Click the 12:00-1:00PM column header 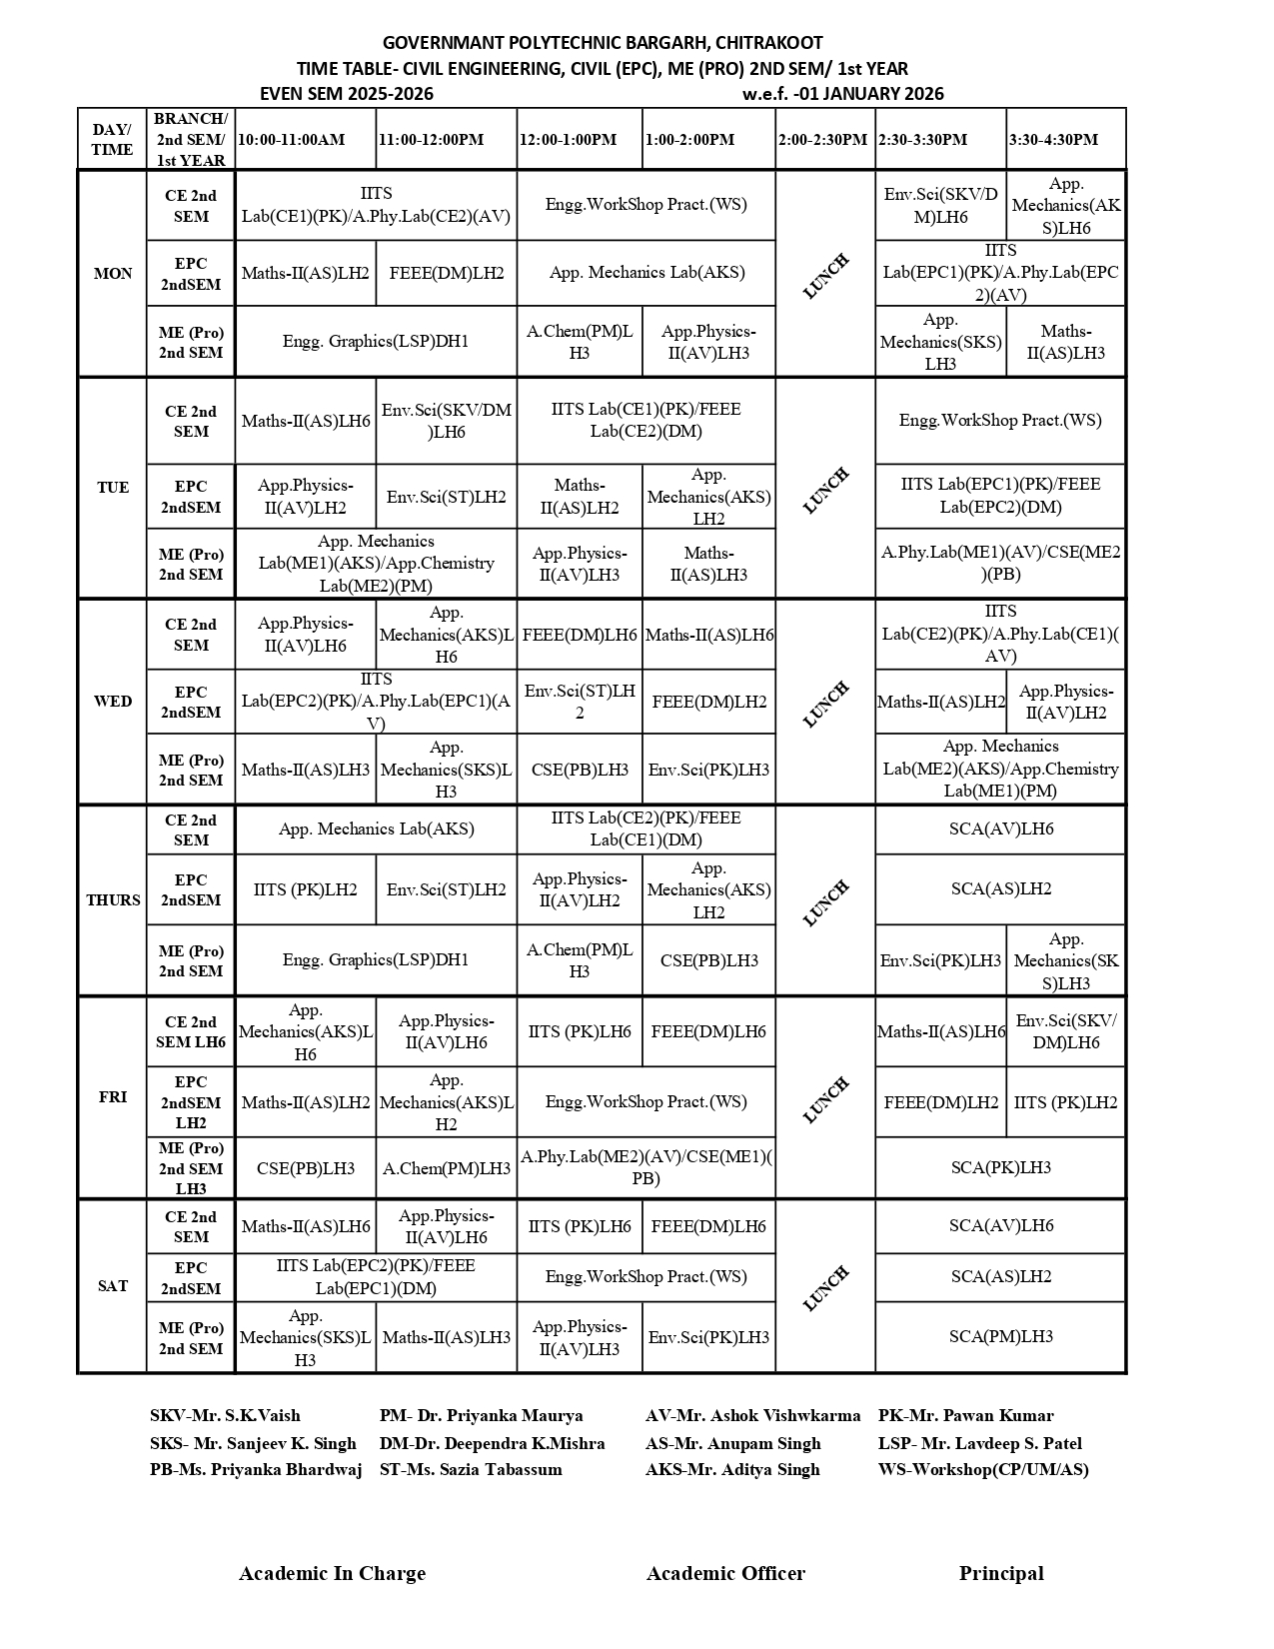[x=568, y=140]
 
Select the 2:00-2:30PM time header [x=823, y=140]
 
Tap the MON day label [x=113, y=274]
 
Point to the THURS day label [x=113, y=900]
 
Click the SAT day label [x=113, y=1286]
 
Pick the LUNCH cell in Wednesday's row [x=825, y=703]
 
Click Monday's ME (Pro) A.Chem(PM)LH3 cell [x=580, y=342]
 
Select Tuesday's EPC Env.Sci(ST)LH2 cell [x=446, y=498]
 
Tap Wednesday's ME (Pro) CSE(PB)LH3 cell [x=580, y=770]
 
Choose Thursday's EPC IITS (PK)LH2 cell [x=305, y=889]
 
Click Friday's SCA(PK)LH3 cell [x=1000, y=1167]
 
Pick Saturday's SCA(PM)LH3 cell [x=1000, y=1337]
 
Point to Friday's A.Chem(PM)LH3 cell [x=446, y=1168]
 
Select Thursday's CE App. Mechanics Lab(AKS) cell [x=376, y=829]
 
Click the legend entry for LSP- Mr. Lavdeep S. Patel [x=979, y=1443]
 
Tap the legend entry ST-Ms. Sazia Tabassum [x=471, y=1470]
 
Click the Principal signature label [x=1001, y=1574]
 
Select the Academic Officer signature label [x=725, y=1574]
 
